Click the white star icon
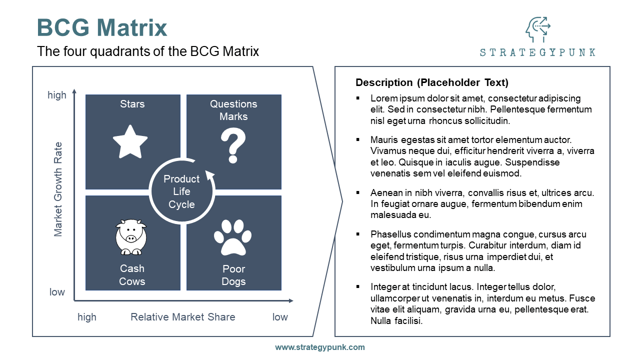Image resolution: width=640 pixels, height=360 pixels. tap(130, 141)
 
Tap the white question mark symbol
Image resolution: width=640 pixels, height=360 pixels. tap(233, 145)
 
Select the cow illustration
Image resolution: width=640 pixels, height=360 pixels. tap(130, 237)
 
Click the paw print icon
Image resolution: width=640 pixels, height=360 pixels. tap(232, 237)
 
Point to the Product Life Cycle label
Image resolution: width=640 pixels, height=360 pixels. tap(181, 191)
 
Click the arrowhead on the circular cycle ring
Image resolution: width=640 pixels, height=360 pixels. tap(210, 175)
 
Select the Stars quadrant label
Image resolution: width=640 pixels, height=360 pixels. tap(132, 104)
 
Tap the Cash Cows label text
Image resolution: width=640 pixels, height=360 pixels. tap(132, 275)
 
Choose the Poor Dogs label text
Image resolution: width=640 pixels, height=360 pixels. tap(233, 275)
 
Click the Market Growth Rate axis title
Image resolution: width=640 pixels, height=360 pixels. tap(58, 189)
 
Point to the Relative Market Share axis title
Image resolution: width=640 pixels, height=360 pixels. tap(183, 317)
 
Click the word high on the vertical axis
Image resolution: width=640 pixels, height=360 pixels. tap(57, 95)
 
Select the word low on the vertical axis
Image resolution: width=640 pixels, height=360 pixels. tap(57, 292)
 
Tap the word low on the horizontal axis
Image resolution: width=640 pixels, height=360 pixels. tap(280, 317)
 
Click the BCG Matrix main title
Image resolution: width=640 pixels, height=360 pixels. tap(102, 27)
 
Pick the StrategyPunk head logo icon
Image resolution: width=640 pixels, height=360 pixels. tap(537, 30)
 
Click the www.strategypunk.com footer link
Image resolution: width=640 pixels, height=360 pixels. tap(320, 347)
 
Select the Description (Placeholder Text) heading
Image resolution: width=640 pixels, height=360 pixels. tap(432, 82)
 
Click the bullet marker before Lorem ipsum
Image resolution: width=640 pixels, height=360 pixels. tap(358, 98)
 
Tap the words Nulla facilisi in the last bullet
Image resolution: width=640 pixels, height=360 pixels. tap(396, 321)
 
